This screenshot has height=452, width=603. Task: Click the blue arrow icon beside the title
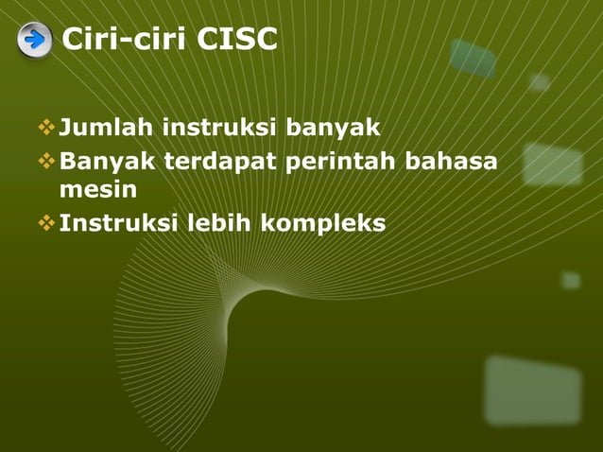pyautogui.click(x=34, y=40)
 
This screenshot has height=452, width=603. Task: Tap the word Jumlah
pyautogui.click(x=107, y=127)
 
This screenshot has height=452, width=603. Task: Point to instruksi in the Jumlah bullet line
pyautogui.click(x=215, y=127)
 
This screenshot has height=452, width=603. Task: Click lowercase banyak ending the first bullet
pyautogui.click(x=327, y=127)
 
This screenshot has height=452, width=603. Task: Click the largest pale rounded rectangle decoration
pyautogui.click(x=533, y=389)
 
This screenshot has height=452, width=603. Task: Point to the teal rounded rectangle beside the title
pyautogui.click(x=473, y=58)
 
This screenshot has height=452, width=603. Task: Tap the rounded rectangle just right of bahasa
pyautogui.click(x=553, y=163)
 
